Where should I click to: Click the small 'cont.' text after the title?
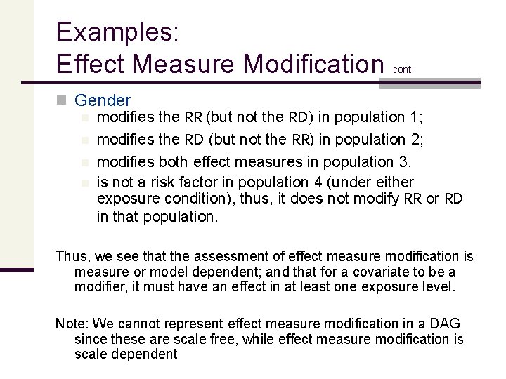point(403,69)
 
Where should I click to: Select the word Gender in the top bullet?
point(102,101)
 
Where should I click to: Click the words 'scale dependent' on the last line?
point(126,353)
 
